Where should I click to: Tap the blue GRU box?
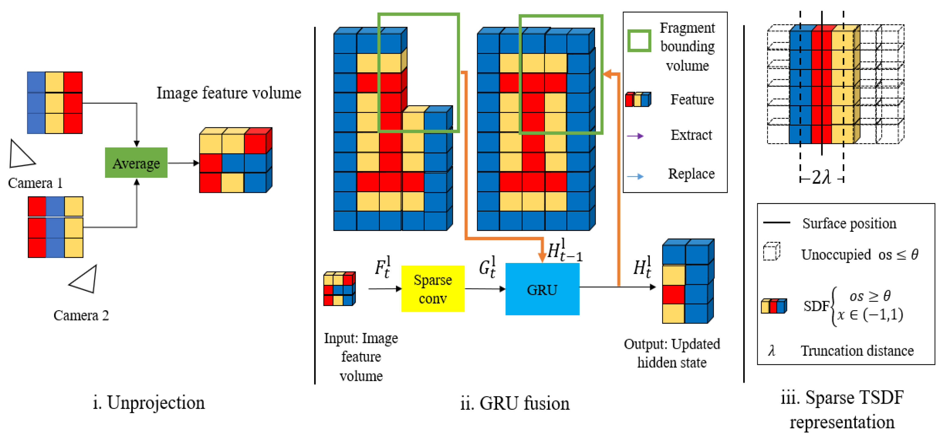click(542, 289)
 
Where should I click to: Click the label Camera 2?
click(81, 315)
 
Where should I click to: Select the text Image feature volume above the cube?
click(229, 93)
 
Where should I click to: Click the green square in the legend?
click(639, 41)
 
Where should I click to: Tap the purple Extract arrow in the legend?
click(635, 136)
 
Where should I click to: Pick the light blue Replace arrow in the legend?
click(635, 176)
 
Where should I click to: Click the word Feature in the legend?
click(692, 100)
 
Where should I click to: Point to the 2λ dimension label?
click(821, 178)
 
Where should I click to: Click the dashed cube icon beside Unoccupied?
click(771, 251)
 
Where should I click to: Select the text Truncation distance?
click(857, 351)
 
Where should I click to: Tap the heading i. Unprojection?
click(149, 402)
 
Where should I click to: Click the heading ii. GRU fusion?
click(515, 403)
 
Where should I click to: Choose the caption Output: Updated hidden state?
click(672, 353)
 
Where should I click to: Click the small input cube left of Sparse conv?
click(339, 289)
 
